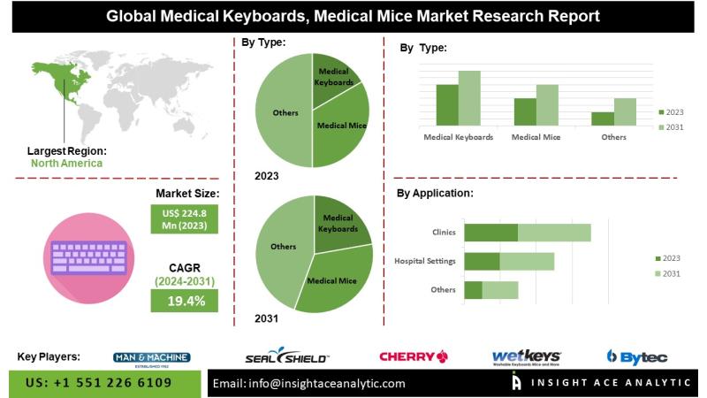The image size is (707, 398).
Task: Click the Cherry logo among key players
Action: click(x=413, y=356)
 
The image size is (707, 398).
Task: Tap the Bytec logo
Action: click(x=636, y=356)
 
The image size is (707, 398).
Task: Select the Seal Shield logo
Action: click(x=287, y=356)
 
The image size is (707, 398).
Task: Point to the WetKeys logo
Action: click(x=527, y=356)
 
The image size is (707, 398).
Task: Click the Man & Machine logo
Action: click(x=152, y=357)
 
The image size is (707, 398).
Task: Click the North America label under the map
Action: click(x=66, y=163)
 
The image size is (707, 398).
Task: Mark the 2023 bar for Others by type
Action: click(x=603, y=119)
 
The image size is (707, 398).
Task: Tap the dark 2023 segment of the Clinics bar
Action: click(x=490, y=233)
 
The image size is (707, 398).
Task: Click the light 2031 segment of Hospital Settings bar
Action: click(x=527, y=261)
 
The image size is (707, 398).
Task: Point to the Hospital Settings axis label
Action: click(x=425, y=261)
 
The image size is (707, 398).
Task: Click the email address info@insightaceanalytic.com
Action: click(x=309, y=384)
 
